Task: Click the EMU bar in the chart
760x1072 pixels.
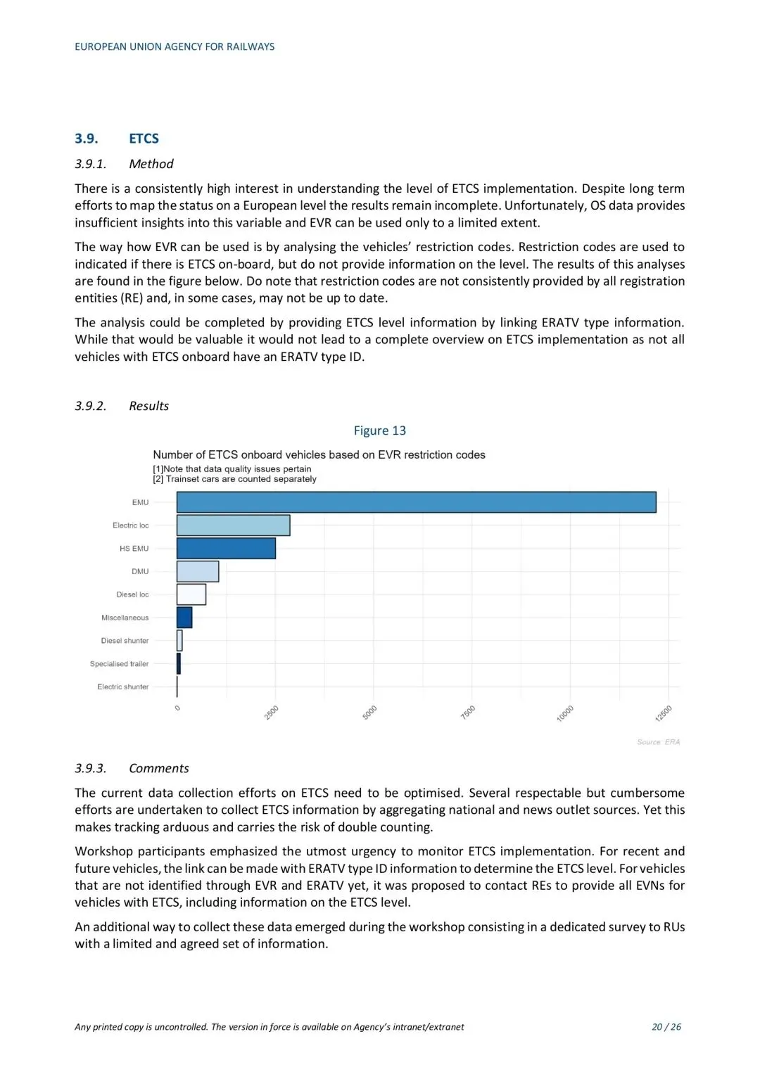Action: (x=416, y=502)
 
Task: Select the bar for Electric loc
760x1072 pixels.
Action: (x=233, y=525)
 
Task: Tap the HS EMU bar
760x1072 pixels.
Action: (x=226, y=549)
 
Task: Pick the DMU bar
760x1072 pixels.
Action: (x=198, y=571)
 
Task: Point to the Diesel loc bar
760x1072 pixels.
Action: (x=191, y=594)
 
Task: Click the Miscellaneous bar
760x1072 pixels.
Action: (x=184, y=618)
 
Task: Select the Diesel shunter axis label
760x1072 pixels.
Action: (x=125, y=641)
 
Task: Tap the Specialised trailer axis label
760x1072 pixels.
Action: (x=119, y=664)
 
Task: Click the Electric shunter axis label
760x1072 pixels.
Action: (x=122, y=687)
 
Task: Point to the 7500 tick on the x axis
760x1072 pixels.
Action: (x=468, y=712)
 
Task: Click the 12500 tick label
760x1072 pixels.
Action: (x=664, y=713)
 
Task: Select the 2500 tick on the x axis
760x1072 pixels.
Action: (x=272, y=712)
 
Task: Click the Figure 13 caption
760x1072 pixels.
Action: (x=379, y=430)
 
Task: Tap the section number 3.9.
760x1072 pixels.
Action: (x=87, y=139)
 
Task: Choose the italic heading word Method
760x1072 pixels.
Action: (x=151, y=164)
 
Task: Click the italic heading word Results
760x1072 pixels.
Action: (x=148, y=406)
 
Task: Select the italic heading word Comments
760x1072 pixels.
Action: (x=158, y=768)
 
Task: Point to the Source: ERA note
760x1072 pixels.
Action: (x=658, y=742)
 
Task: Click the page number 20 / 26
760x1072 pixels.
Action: (x=666, y=1027)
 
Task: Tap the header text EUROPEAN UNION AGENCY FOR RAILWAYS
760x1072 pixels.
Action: (x=175, y=47)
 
